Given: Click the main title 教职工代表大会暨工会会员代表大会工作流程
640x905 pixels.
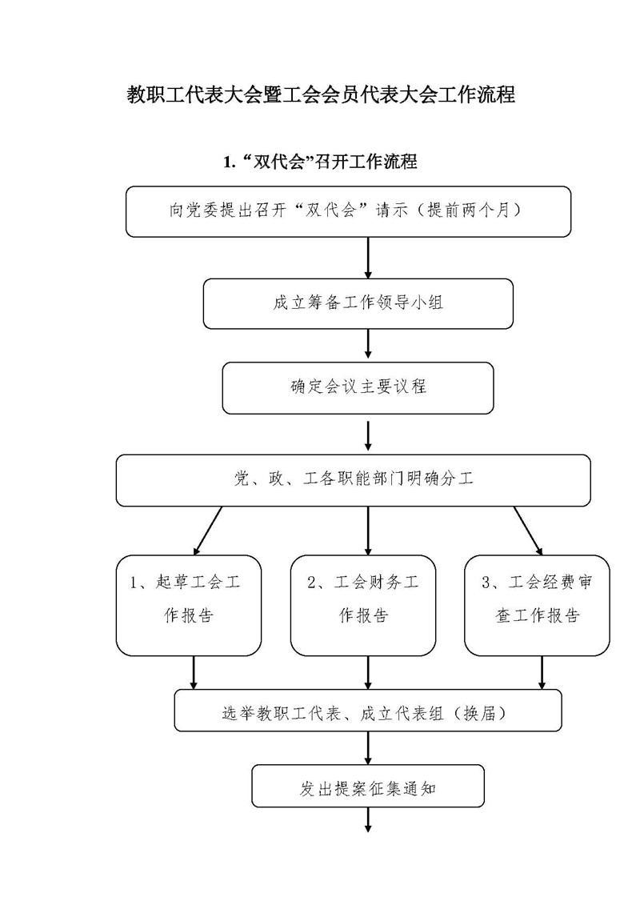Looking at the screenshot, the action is (321, 94).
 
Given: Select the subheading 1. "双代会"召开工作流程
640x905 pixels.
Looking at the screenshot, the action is (320, 162).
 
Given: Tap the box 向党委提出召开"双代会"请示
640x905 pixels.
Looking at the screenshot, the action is (348, 211).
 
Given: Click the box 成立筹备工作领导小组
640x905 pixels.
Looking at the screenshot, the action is (358, 303).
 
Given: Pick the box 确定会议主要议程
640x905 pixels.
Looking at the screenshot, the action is (358, 388).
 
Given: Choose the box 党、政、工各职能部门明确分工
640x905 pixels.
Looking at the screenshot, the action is (353, 480).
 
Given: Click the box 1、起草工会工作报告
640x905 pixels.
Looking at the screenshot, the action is (189, 606).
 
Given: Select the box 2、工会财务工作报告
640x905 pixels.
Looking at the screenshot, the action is (363, 606).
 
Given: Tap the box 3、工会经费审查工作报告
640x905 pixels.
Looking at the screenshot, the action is (538, 606).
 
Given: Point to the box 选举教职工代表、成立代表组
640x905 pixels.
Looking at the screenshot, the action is (368, 711).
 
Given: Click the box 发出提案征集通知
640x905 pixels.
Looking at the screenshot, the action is (368, 786).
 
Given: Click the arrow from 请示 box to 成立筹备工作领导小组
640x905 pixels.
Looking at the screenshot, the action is (368, 258).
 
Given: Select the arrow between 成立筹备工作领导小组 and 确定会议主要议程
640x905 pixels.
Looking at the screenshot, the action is (368, 346).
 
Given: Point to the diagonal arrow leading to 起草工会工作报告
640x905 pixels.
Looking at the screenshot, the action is (208, 531).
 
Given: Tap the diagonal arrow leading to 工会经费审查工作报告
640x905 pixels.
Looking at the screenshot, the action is (528, 531).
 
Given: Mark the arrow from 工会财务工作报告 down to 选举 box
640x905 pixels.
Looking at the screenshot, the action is (368, 673).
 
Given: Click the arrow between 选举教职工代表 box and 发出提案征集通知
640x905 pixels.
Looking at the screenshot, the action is (368, 749).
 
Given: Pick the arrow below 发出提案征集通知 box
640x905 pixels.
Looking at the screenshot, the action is (368, 819).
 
